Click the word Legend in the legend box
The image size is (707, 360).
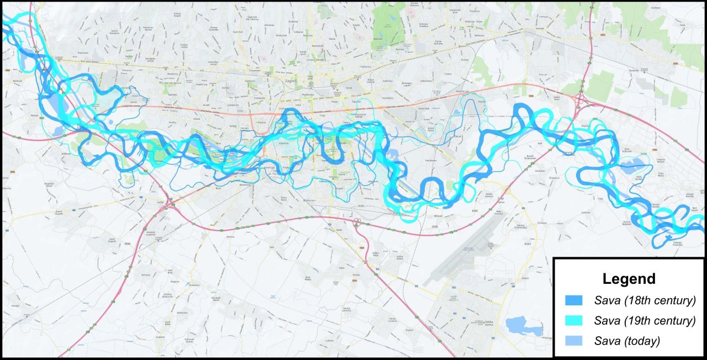coord(629,279)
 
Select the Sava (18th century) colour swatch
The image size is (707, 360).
coord(574,301)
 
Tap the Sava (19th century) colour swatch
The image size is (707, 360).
coord(574,321)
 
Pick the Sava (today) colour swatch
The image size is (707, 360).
coord(574,341)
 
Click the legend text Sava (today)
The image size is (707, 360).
coord(627,341)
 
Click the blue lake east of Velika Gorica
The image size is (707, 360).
coord(524,326)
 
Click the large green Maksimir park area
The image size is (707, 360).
coord(387,22)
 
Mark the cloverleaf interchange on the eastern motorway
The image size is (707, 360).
coord(582,100)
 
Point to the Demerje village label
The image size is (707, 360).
coord(146,274)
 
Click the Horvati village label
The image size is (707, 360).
coord(15,305)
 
